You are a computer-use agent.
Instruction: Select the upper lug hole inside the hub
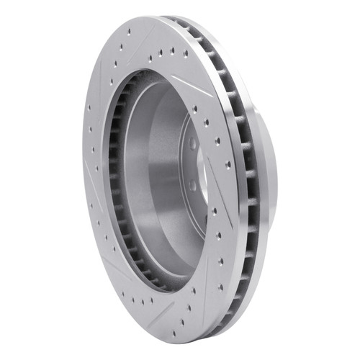pyautogui.click(x=193, y=143)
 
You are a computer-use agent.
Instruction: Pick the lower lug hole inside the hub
pyautogui.click(x=192, y=186)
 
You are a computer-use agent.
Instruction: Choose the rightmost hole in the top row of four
pyautogui.click(x=186, y=53)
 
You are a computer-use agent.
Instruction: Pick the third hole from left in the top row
pyautogui.click(x=173, y=51)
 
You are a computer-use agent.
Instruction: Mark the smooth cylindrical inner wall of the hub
pyautogui.click(x=155, y=173)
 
